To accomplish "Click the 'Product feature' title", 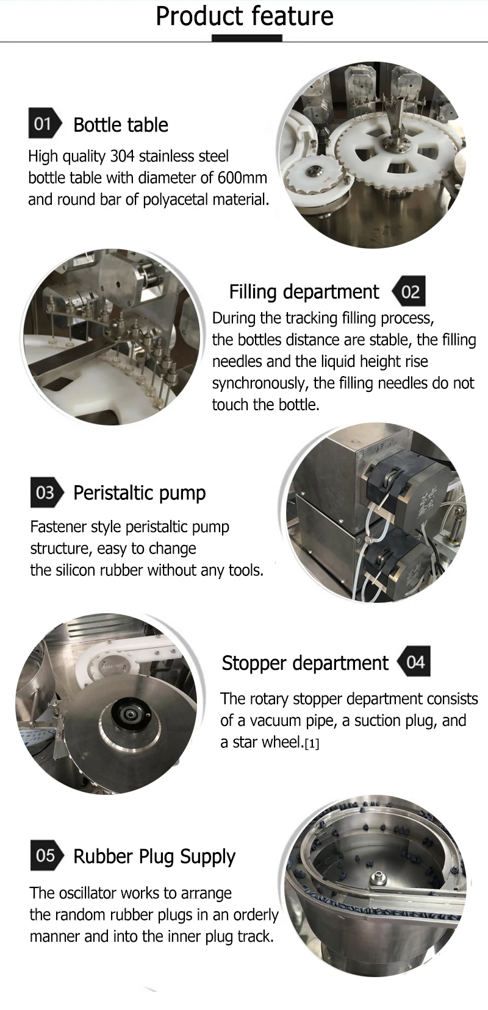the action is (x=244, y=16).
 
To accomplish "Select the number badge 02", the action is (x=409, y=291).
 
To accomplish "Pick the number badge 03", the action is (x=46, y=492).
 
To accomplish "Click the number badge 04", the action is (x=414, y=661).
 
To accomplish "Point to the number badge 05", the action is (x=46, y=855).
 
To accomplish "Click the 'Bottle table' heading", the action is (x=121, y=125).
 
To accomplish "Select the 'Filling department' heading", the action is (x=304, y=292).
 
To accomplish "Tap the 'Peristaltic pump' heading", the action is (x=140, y=493).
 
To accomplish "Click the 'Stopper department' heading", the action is (x=305, y=663).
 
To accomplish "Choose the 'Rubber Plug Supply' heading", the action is (x=154, y=856).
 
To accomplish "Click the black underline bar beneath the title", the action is (x=247, y=38).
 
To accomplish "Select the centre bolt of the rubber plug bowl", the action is (x=377, y=878).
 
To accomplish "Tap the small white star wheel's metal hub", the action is (x=313, y=172).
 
